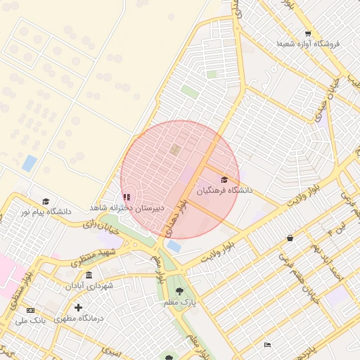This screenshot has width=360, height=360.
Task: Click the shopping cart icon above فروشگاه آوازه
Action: [x=308, y=33]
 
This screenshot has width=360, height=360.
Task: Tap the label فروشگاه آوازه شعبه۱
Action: [x=308, y=44]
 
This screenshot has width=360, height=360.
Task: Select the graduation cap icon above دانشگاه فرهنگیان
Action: [x=224, y=180]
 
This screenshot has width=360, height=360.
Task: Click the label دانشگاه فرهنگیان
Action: [x=224, y=190]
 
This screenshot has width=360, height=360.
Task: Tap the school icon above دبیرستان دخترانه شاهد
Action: [x=127, y=198]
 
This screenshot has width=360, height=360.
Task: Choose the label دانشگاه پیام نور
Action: [x=46, y=211]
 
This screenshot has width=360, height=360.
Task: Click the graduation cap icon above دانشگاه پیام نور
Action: [x=46, y=201]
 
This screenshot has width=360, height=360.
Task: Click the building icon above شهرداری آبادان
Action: [x=89, y=275]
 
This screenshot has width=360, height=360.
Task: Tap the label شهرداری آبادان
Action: [x=89, y=285]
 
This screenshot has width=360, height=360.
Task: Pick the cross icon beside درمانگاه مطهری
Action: [x=78, y=307]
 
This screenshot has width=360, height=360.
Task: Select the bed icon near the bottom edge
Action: [x=267, y=345]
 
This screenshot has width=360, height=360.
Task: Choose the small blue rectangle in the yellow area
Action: [x=30, y=163]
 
